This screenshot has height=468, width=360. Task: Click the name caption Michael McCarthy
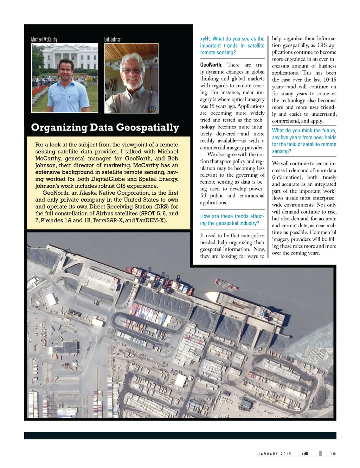[44, 39]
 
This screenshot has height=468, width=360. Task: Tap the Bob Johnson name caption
[113, 39]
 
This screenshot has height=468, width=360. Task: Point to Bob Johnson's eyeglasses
[133, 70]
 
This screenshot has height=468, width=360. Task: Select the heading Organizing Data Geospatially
[105, 127]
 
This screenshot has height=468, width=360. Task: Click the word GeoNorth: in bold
[211, 65]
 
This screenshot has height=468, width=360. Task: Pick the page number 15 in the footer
[333, 454]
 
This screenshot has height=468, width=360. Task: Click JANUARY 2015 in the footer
[275, 454]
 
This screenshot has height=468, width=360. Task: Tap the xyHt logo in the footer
[305, 454]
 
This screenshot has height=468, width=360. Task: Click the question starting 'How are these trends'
[232, 220]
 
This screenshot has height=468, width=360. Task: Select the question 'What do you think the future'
[304, 141]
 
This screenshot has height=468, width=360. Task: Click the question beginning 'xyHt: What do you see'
[232, 45]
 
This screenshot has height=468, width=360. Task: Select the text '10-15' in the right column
[329, 80]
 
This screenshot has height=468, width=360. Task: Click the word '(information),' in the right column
[287, 177]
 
